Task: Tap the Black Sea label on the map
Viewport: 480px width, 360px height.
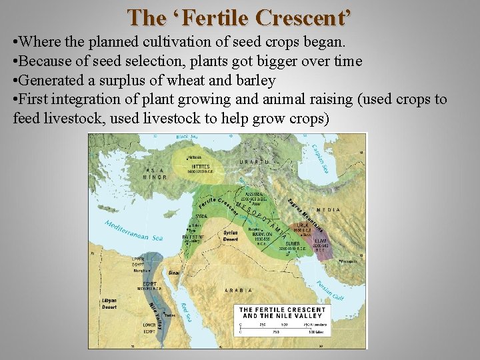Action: (187, 137)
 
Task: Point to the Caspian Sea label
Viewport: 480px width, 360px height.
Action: (320, 159)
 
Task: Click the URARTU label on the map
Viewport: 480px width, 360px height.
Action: (257, 162)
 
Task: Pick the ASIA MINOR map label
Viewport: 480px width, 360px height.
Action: (155, 173)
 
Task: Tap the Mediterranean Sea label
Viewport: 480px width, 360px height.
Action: (133, 229)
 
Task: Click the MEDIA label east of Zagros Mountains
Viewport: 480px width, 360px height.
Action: (328, 210)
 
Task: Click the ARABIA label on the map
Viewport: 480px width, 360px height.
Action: (239, 290)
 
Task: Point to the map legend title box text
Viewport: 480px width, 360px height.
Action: (283, 313)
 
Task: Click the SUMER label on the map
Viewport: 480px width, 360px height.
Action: (292, 245)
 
